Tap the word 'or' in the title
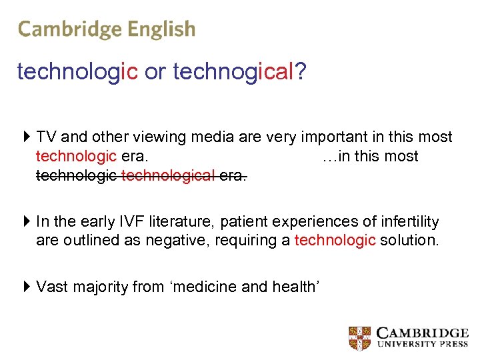coord(155,72)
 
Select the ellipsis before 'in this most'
coord(328,157)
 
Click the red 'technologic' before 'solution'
coord(335,240)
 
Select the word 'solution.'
coord(410,240)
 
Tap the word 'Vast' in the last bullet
coord(51,287)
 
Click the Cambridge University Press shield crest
coord(360,338)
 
